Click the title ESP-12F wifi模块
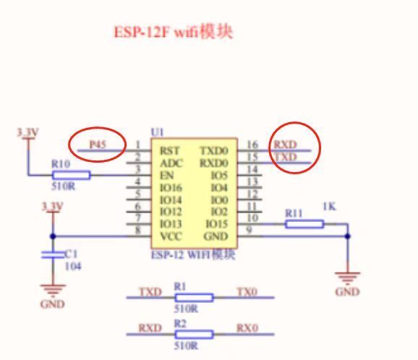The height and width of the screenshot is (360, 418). click(174, 33)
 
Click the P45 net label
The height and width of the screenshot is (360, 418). click(98, 145)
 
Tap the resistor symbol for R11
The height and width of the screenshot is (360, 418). click(304, 224)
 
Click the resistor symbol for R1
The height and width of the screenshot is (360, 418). click(194, 297)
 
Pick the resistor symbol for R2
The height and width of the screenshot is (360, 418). click(194, 333)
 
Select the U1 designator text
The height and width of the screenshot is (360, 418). click(157, 132)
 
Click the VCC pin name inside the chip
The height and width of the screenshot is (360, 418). click(171, 235)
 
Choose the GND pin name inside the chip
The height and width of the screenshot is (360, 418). click(216, 235)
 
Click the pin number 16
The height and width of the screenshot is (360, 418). click(253, 145)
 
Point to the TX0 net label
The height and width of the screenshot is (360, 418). click(247, 292)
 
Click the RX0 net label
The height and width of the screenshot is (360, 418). click(247, 328)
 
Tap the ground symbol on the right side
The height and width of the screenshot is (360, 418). click(348, 278)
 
